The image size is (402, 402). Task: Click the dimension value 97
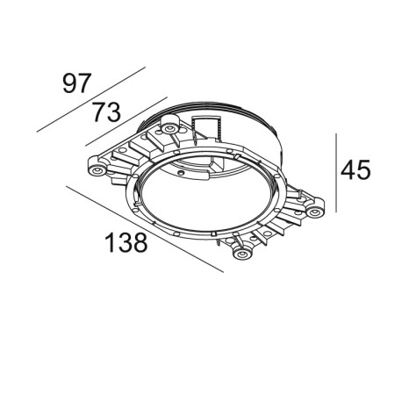pos(76,84)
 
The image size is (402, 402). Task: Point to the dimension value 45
pos(355,169)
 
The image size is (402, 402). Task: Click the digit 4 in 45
pos(347,169)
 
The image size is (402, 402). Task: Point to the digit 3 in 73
pos(114,113)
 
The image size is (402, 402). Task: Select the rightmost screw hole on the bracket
pos(313,212)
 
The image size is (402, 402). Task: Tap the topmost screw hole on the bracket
pos(167,129)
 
